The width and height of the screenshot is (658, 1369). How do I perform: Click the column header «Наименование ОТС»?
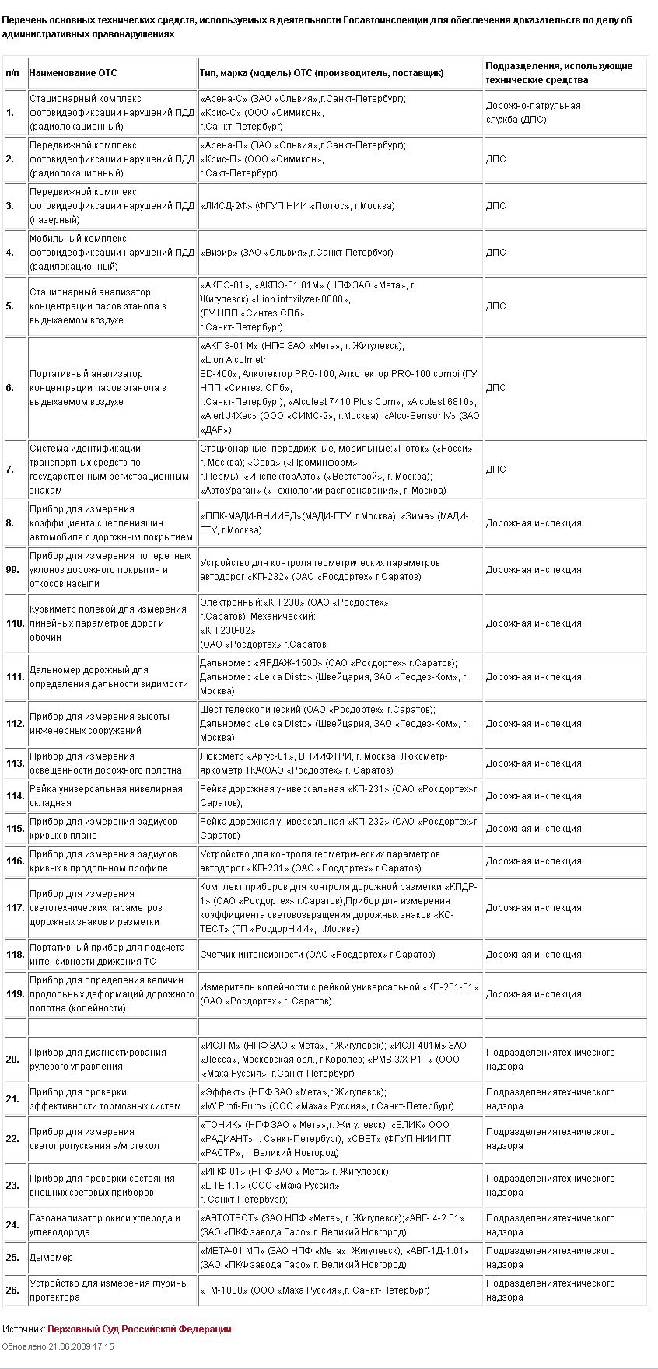[73, 73]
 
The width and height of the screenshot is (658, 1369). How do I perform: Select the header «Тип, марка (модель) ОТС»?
[322, 73]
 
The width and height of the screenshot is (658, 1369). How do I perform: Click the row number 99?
[12, 570]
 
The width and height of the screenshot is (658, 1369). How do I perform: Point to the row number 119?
[15, 994]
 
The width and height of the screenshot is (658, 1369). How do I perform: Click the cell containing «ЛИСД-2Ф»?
[297, 206]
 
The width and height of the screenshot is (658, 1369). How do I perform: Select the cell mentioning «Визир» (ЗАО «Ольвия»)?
[296, 253]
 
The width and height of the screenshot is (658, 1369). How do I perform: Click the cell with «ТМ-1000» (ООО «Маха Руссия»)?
[315, 1290]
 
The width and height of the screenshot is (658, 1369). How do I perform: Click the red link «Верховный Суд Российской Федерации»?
[139, 1329]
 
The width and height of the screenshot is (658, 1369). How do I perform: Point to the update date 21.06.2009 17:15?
[58, 1346]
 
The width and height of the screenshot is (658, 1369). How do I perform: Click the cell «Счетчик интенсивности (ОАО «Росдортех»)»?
[317, 955]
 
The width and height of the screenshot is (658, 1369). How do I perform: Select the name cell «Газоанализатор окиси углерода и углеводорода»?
[105, 1225]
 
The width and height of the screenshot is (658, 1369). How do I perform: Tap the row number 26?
[12, 1290]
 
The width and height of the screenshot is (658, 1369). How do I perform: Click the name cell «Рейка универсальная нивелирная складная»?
[106, 796]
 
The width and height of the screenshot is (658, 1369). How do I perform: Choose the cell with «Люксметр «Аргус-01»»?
[324, 763]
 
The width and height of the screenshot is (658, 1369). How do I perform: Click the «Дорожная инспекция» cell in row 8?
[534, 523]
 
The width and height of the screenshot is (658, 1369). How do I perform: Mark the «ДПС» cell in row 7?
[495, 470]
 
